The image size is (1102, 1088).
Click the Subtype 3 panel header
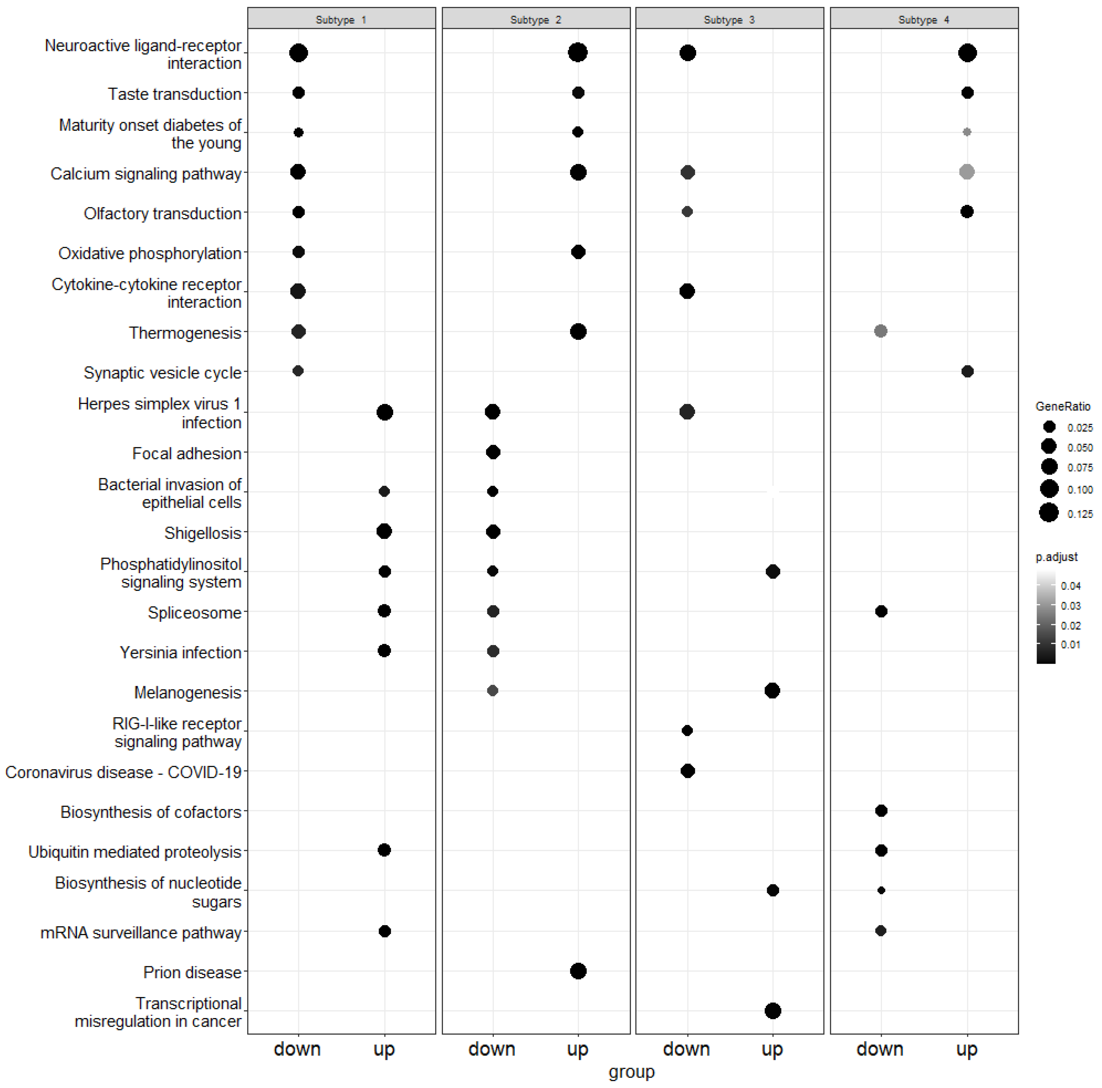pyautogui.click(x=729, y=19)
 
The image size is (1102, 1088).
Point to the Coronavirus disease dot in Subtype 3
pyautogui.click(x=687, y=771)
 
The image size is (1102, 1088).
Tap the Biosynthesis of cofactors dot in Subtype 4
pyautogui.click(x=881, y=811)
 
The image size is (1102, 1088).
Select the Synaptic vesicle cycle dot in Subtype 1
pyautogui.click(x=298, y=371)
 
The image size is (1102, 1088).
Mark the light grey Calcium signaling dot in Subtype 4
pyautogui.click(x=966, y=172)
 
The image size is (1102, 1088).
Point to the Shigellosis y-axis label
pyautogui.click(x=203, y=533)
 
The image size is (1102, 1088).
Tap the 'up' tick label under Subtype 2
pyautogui.click(x=577, y=1048)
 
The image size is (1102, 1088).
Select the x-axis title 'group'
pyautogui.click(x=631, y=1071)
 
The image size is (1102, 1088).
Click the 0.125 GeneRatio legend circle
pyautogui.click(x=1048, y=513)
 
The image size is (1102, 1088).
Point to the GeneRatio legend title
pyautogui.click(x=1063, y=406)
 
